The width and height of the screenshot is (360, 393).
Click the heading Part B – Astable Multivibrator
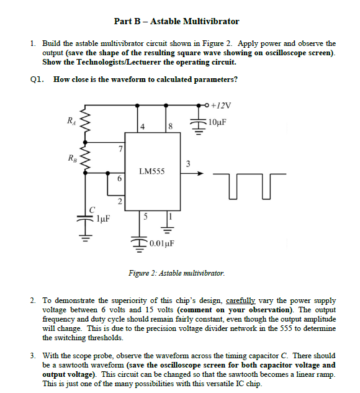(x=176, y=21)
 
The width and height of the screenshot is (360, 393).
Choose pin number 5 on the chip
(x=145, y=217)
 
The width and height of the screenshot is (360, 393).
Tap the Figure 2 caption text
(x=176, y=273)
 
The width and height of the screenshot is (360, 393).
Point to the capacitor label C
(x=92, y=207)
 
